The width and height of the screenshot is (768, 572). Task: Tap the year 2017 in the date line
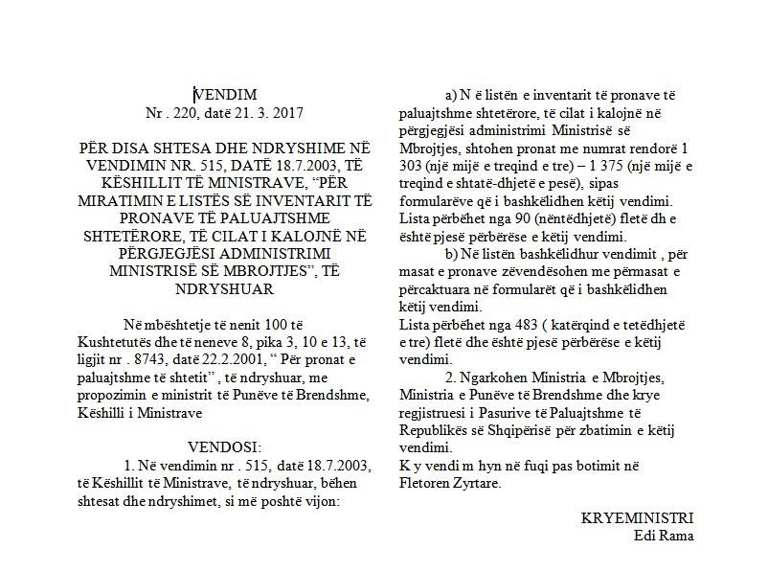click(287, 112)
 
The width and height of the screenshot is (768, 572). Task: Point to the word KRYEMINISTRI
click(637, 517)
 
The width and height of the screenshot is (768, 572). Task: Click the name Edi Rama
click(664, 535)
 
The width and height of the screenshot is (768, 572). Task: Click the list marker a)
click(452, 96)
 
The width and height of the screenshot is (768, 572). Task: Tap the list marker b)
click(452, 254)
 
